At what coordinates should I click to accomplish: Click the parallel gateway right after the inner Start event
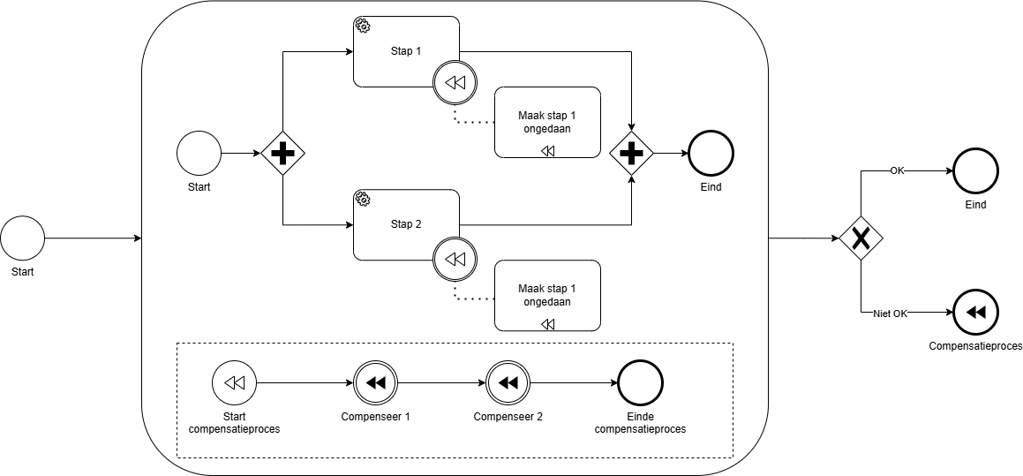click(x=282, y=154)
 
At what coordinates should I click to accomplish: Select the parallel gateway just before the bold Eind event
click(x=632, y=154)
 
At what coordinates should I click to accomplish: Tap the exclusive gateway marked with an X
click(x=861, y=238)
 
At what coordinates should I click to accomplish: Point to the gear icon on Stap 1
click(x=362, y=26)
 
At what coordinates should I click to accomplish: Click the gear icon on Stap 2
click(x=362, y=199)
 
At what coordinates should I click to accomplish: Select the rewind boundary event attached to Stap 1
click(x=455, y=83)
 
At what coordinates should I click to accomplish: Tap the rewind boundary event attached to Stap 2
click(x=455, y=259)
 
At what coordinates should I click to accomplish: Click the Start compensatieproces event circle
click(x=234, y=383)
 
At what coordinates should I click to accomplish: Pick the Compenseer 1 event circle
click(x=375, y=383)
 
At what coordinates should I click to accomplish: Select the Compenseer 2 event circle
click(x=508, y=383)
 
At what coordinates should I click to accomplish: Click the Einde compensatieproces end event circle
click(x=640, y=383)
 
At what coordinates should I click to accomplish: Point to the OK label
click(x=897, y=171)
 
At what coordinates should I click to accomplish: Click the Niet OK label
click(x=890, y=314)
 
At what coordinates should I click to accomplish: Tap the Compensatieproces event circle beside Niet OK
click(x=975, y=313)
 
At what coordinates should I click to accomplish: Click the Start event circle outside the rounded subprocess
click(x=22, y=238)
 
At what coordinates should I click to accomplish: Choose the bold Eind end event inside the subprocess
click(x=711, y=154)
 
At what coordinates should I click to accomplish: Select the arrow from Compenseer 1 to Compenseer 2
click(x=441, y=383)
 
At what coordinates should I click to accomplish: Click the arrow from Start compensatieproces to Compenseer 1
click(x=305, y=383)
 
